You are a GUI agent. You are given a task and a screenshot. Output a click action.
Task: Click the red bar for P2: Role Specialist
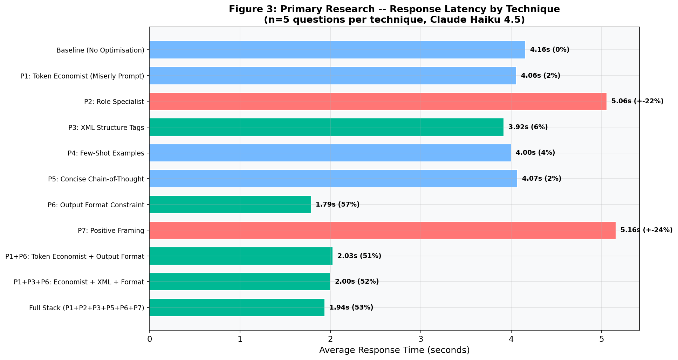(378, 102)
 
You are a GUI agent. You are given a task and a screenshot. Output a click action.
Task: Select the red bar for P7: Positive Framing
(382, 230)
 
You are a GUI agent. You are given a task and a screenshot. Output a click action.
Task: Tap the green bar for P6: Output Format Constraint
(230, 205)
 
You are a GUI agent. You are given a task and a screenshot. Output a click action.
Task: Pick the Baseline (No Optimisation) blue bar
(337, 50)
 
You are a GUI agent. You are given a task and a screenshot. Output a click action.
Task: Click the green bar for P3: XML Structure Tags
(326, 127)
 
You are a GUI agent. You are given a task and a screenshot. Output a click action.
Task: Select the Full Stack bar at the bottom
(237, 307)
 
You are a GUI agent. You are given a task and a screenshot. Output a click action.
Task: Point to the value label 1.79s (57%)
(337, 205)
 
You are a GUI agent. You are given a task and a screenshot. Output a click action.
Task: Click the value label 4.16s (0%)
(549, 50)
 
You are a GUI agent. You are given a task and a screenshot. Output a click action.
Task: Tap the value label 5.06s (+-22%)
(637, 102)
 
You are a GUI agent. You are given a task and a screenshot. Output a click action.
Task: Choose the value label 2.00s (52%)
(357, 282)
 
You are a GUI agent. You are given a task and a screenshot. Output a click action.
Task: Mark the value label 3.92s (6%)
(528, 127)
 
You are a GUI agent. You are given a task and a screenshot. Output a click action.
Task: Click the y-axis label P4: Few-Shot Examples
(106, 153)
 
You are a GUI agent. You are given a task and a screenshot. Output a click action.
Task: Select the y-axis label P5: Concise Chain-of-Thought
(96, 179)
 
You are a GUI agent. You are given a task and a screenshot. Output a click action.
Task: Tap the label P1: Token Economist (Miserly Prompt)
(82, 76)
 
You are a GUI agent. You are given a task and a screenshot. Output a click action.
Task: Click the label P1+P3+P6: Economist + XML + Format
(79, 282)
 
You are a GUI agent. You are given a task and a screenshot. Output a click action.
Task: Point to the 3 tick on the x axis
(420, 339)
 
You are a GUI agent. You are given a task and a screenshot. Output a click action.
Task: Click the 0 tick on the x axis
(150, 339)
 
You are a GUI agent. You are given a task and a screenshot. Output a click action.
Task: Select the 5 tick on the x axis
(601, 339)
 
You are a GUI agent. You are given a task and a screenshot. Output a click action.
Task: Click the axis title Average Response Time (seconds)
(394, 350)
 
